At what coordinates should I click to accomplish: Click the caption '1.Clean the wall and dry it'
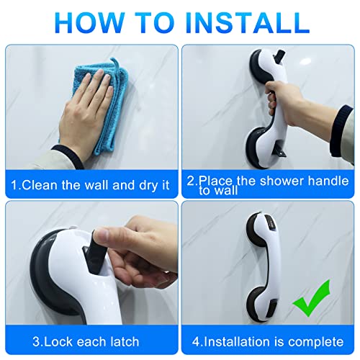coord(89,184)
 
